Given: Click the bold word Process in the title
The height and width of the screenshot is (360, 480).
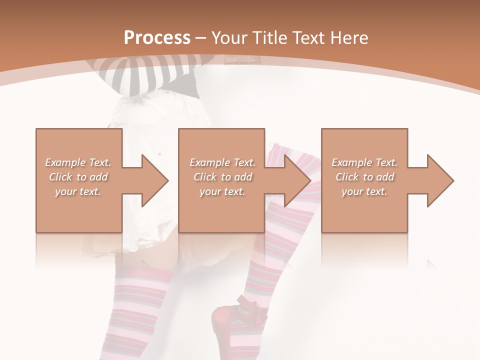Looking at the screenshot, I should [x=157, y=37].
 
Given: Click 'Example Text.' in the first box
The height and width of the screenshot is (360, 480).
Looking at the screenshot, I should [x=78, y=162].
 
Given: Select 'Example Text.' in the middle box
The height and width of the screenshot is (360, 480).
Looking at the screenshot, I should [x=222, y=162].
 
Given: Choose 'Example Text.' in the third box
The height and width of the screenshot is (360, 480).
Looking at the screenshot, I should [x=364, y=162].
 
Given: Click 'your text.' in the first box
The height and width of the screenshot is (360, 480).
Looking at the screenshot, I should [x=78, y=191].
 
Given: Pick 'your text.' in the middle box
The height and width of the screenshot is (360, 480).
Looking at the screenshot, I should [x=222, y=191].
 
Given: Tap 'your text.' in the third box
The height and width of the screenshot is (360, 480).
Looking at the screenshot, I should [x=364, y=191].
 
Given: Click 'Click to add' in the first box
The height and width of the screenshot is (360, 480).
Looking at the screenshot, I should [x=78, y=177].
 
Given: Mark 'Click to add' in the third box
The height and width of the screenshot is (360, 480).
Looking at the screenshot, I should [x=364, y=177].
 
